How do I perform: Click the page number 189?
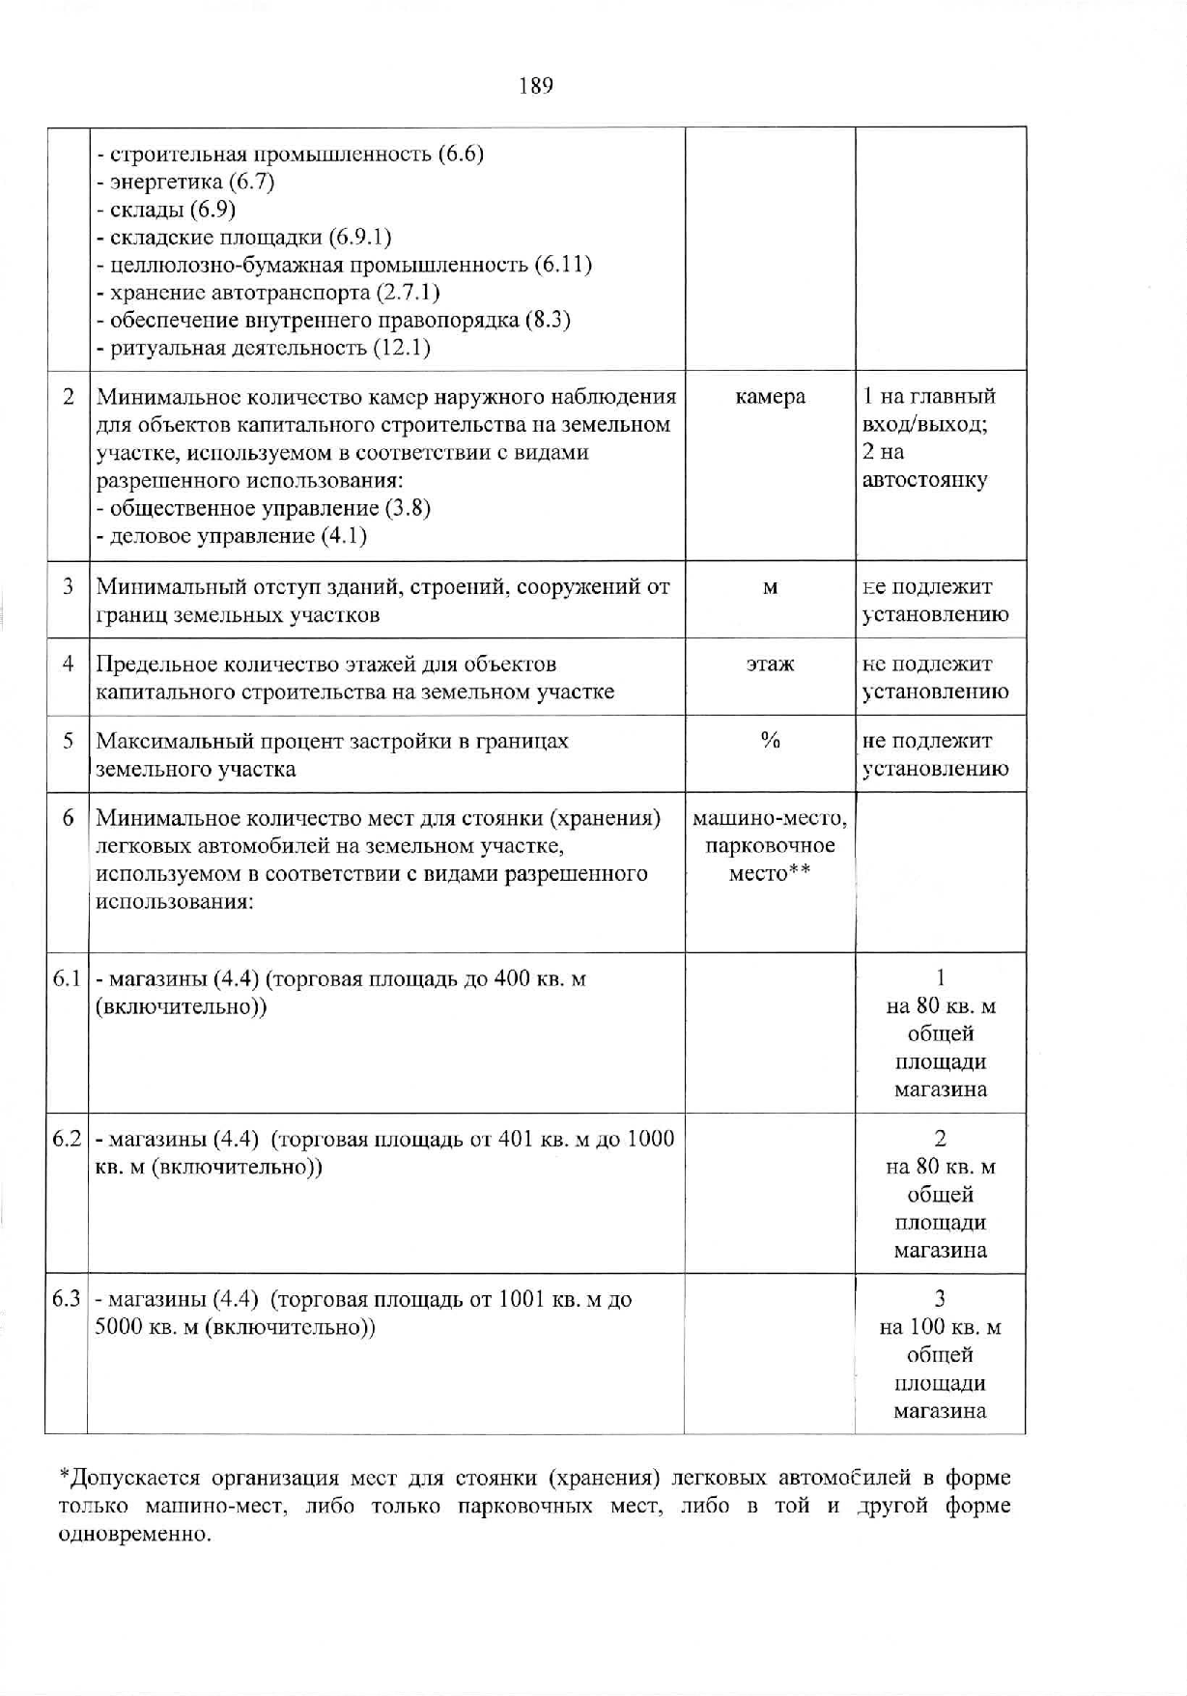536,87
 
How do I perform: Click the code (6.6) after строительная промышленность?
461,155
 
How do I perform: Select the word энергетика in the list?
166,182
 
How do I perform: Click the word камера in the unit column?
770,397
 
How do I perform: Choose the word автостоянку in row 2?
924,480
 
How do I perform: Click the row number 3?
69,587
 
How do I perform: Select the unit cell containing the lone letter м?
770,588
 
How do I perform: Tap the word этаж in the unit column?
770,664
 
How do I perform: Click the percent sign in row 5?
770,741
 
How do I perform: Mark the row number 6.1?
67,979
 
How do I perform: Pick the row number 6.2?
67,1140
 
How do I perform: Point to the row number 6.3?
67,1300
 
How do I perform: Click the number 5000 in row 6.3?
119,1328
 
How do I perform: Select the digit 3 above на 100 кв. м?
940,1299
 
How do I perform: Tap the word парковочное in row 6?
770,847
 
